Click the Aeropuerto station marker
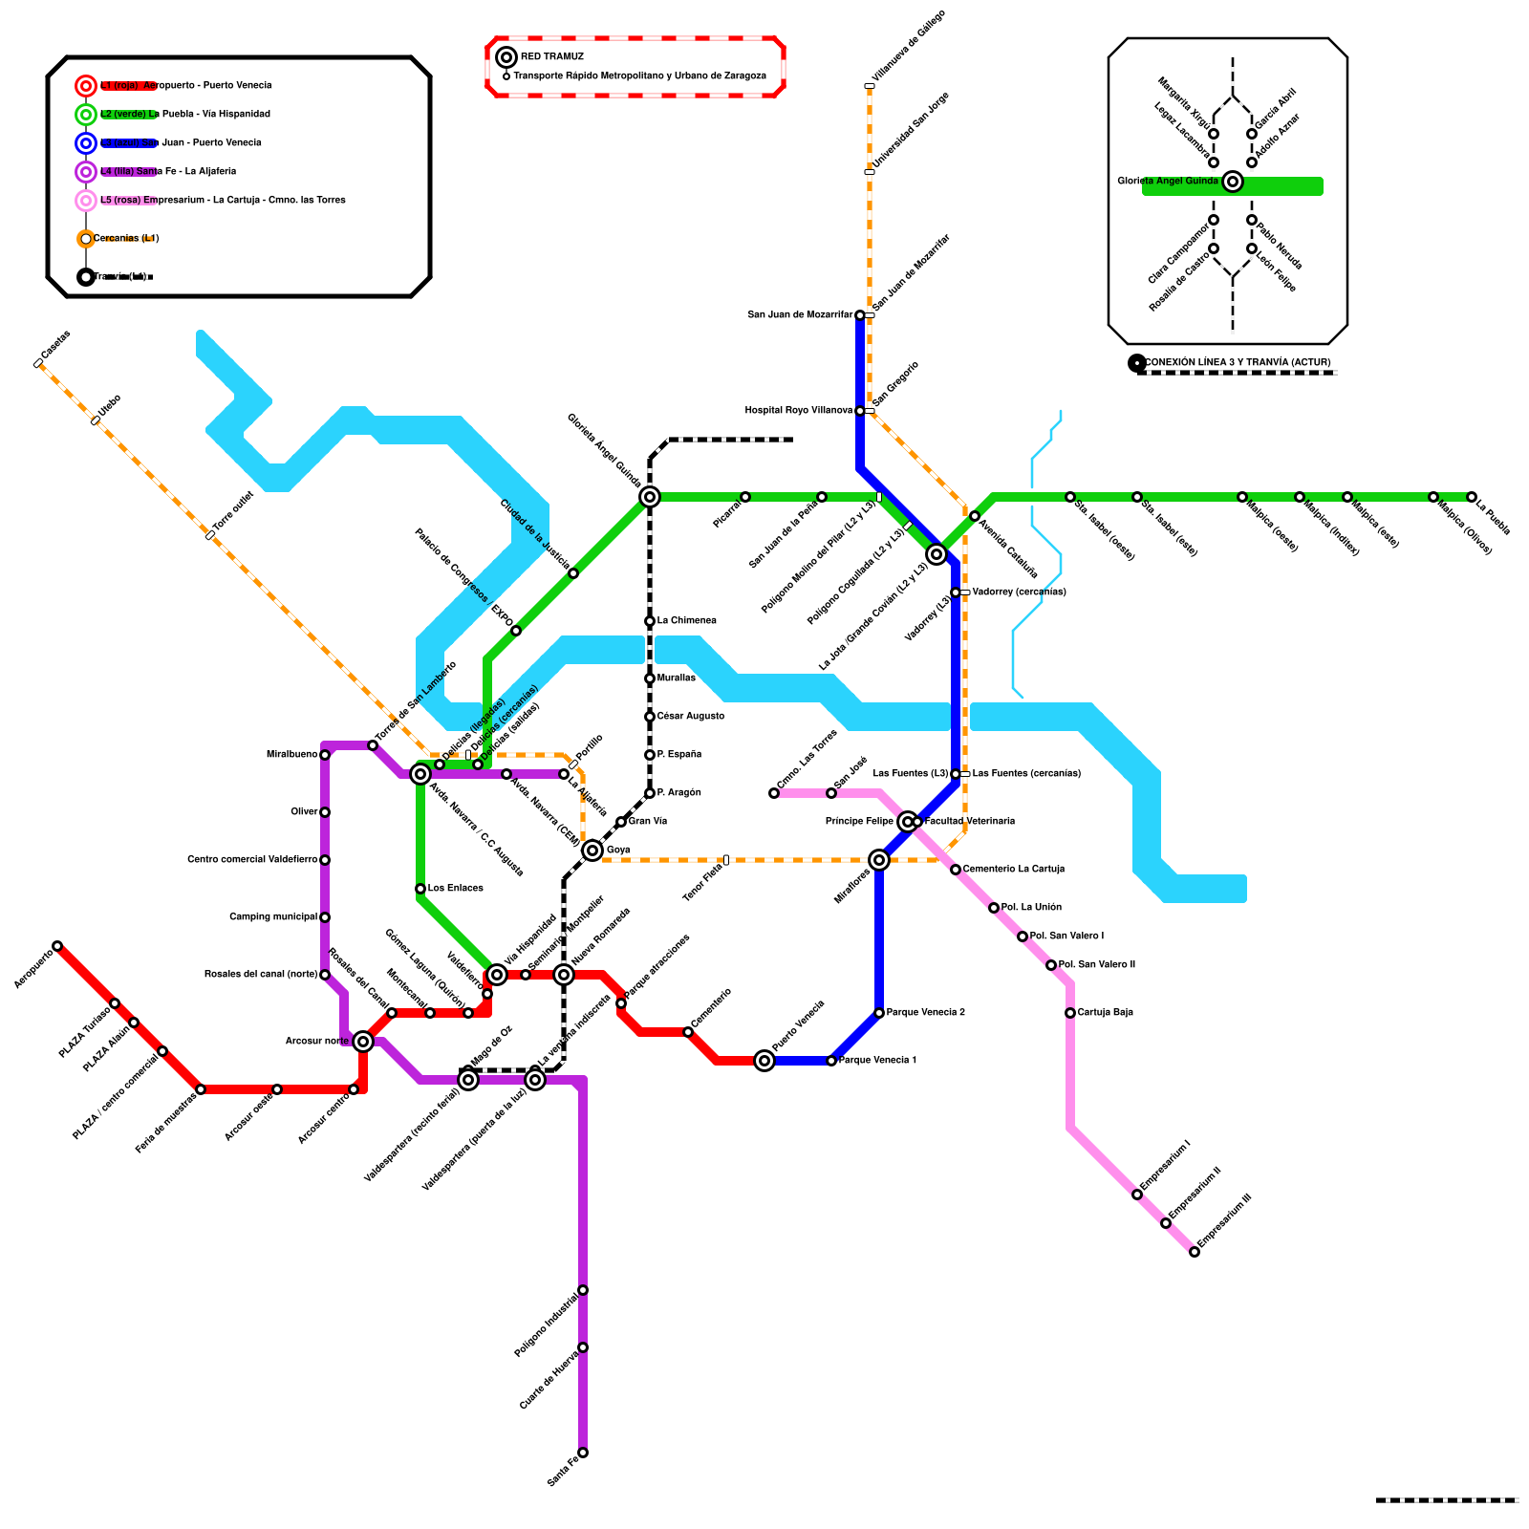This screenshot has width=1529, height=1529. (57, 946)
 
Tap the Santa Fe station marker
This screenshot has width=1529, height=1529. (583, 1453)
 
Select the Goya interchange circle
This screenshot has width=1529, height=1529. (592, 851)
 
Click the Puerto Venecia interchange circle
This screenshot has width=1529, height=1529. (764, 1061)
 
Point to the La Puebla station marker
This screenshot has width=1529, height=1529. (1472, 497)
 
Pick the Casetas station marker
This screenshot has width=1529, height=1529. (38, 363)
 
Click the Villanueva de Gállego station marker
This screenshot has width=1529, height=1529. (870, 86)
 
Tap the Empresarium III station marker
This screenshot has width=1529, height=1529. (1195, 1252)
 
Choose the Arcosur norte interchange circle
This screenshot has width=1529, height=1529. (363, 1042)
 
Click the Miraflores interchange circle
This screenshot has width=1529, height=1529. (879, 860)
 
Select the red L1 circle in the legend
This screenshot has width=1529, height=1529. (86, 86)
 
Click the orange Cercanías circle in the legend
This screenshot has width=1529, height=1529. (86, 239)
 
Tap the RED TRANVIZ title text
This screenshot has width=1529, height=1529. (552, 57)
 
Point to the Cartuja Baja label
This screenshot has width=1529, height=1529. (1105, 1013)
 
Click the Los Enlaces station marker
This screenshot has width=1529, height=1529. (420, 889)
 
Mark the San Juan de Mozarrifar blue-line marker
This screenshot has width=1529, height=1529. (860, 315)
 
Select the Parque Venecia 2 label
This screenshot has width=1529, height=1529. (925, 1013)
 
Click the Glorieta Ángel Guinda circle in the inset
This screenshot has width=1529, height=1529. (1233, 182)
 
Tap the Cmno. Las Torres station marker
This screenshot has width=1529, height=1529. (774, 793)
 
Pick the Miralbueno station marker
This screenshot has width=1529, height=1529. (325, 755)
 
